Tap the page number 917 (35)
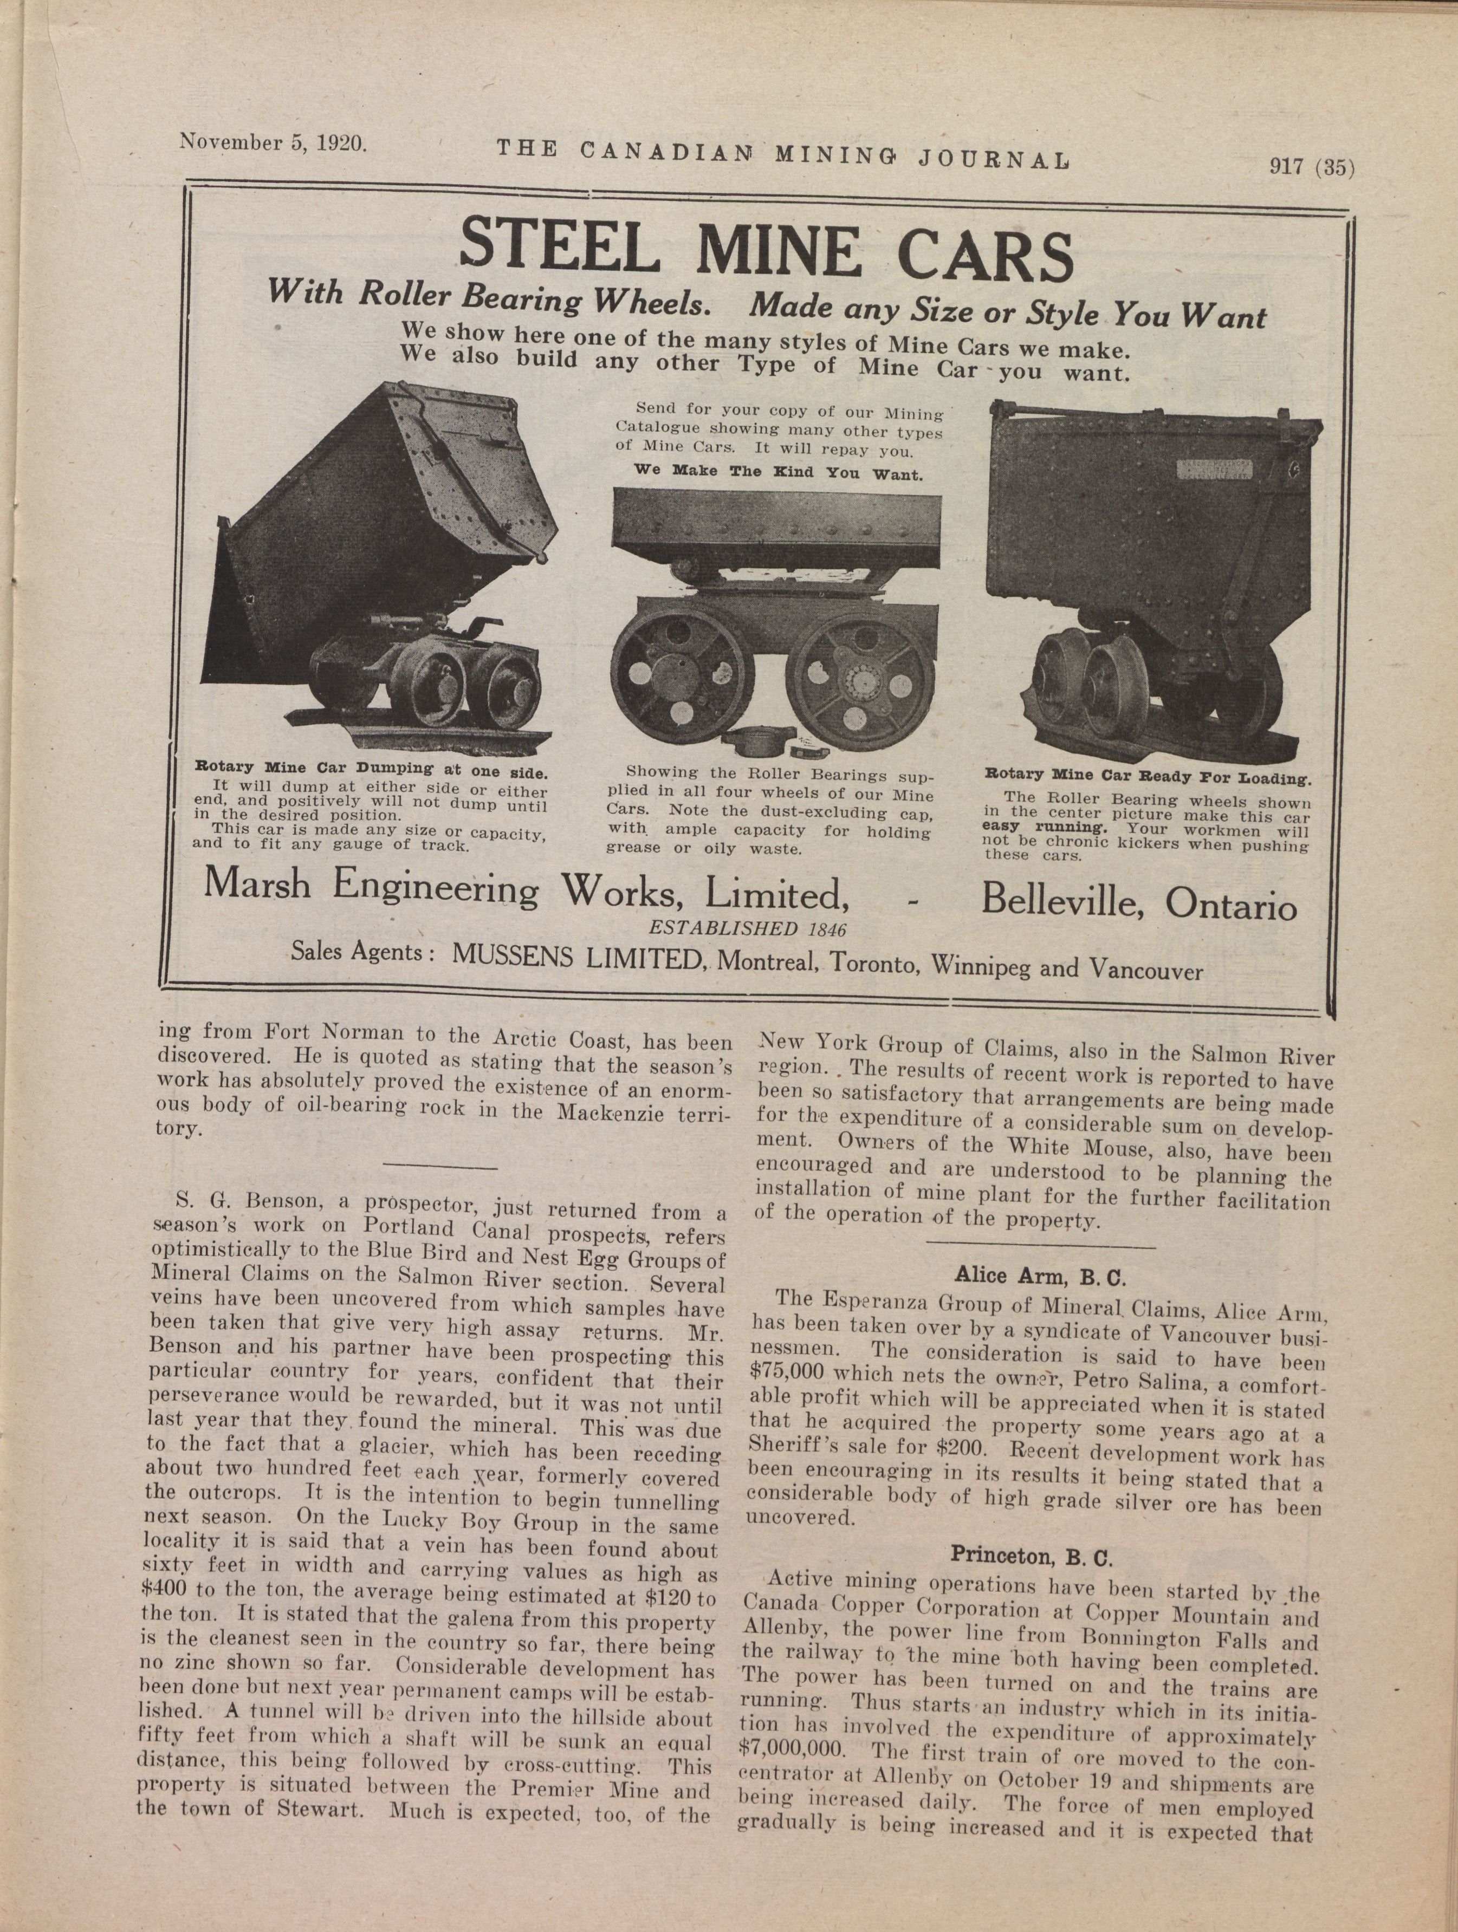tap(1311, 165)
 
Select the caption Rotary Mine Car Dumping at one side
tap(371, 770)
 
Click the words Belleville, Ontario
tap(1138, 901)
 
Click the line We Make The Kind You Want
tap(777, 472)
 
